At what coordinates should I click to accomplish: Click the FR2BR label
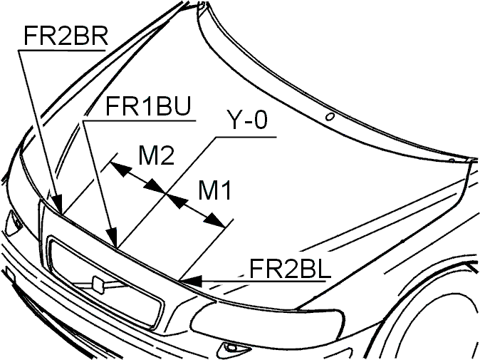pos(66,36)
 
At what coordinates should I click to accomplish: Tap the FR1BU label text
pos(148,106)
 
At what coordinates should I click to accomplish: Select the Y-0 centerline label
pos(246,120)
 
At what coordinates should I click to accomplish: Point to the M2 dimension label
pos(156,155)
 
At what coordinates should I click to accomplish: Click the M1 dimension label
pos(214,190)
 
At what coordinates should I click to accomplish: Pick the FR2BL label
pos(290,269)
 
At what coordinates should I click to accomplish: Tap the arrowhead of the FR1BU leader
pos(115,247)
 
